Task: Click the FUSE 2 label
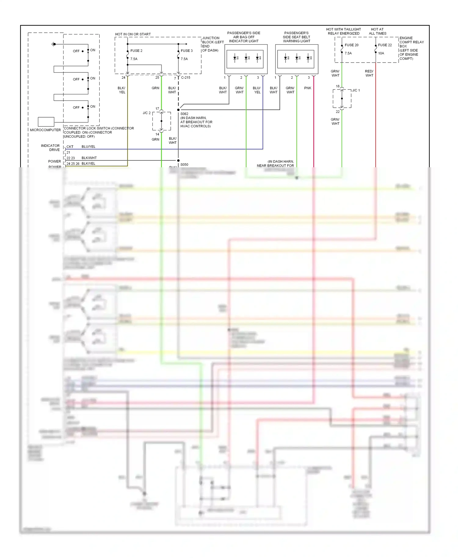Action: (136, 51)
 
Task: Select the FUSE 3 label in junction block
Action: (187, 51)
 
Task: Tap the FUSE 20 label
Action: (351, 45)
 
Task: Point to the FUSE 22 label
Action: (385, 45)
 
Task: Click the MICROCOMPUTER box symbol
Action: (46, 121)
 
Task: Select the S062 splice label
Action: (184, 114)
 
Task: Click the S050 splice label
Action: (184, 165)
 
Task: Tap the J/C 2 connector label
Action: (147, 113)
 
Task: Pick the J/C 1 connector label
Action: (356, 90)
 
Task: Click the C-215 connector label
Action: (186, 78)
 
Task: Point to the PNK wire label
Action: (307, 88)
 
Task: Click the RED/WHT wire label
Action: (369, 73)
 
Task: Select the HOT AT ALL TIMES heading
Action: (377, 31)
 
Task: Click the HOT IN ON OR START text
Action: (133, 34)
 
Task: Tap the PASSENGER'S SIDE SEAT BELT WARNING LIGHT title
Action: (296, 37)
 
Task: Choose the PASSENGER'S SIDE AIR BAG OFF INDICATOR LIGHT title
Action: (244, 37)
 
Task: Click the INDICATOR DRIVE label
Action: (50, 148)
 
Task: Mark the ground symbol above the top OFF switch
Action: (53, 44)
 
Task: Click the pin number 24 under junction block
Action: (123, 78)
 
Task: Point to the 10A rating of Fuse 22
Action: (381, 53)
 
